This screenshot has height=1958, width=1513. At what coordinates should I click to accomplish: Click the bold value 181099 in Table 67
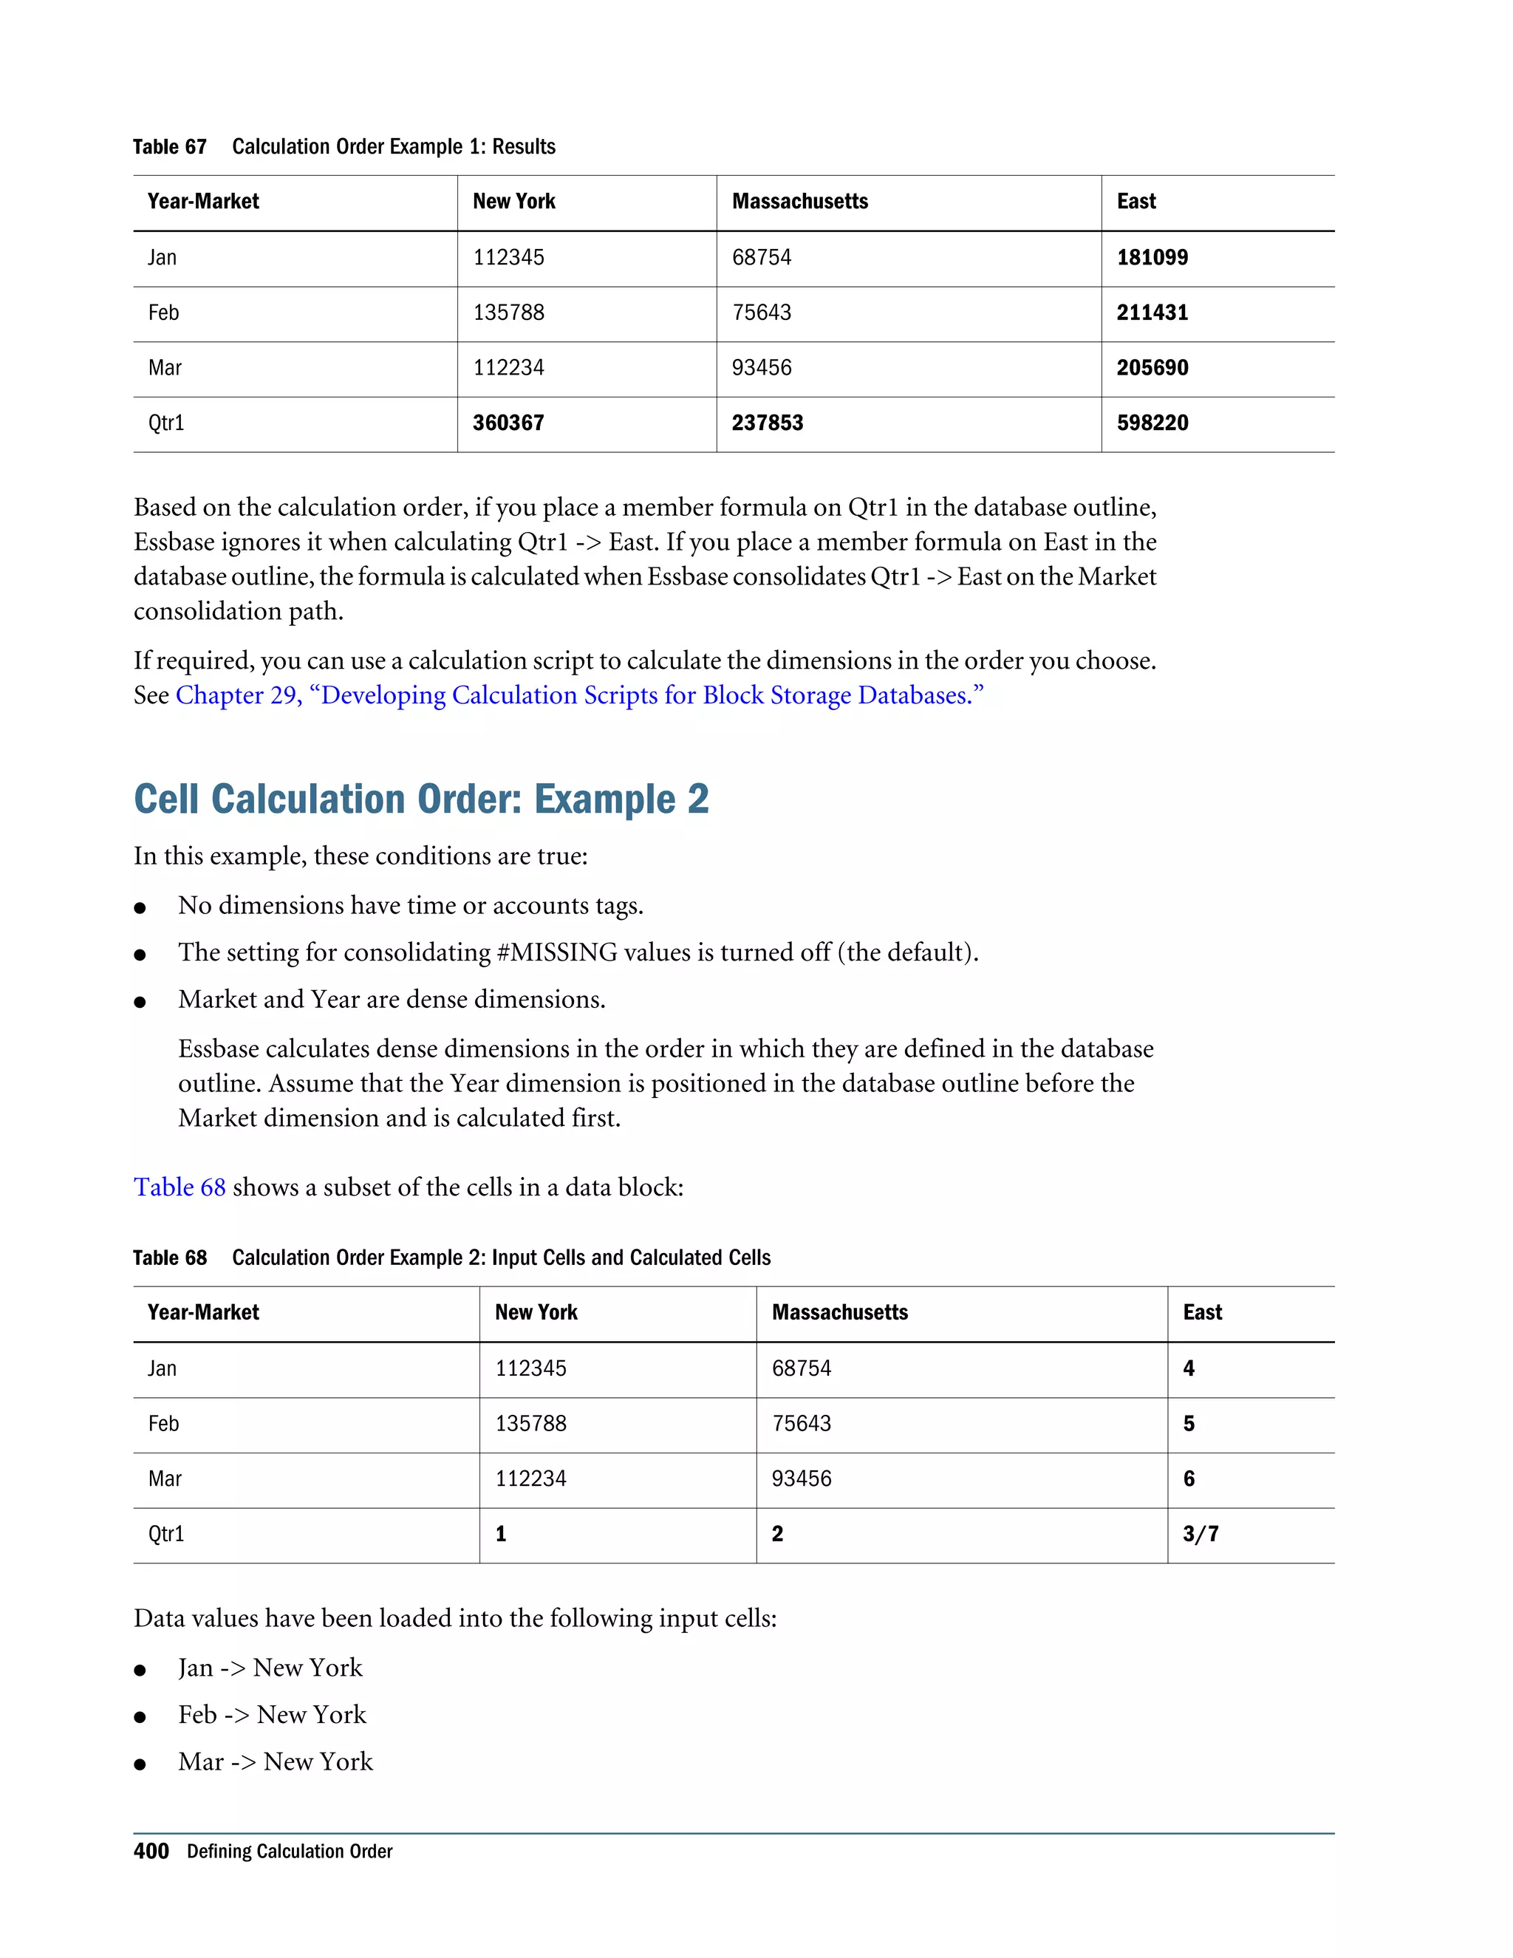[1152, 257]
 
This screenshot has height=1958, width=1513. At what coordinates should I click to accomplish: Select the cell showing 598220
[1152, 423]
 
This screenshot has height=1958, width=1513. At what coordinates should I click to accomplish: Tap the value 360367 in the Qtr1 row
[508, 423]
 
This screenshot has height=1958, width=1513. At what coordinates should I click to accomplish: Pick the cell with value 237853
[768, 423]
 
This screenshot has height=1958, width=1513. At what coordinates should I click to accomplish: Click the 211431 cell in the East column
[1152, 313]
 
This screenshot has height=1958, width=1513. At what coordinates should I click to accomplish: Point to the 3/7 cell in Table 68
[1201, 1534]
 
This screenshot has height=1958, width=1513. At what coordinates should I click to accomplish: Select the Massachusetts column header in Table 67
[799, 202]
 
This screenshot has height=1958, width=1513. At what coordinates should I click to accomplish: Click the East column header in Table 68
[1202, 1312]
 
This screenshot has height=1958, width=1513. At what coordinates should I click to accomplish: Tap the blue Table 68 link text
[180, 1188]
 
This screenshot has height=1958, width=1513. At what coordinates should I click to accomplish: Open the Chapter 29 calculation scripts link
[579, 696]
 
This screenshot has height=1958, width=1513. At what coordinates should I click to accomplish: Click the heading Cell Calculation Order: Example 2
[421, 799]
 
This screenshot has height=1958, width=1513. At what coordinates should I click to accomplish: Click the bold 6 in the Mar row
[1189, 1479]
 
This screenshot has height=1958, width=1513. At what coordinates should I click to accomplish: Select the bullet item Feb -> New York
[272, 1715]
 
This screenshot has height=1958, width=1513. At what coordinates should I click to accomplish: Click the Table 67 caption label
[169, 147]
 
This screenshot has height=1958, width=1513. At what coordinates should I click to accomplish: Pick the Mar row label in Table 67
[165, 369]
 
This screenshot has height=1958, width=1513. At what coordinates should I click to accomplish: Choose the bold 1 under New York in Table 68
[501, 1534]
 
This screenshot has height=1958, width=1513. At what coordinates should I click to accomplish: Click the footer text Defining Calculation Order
[290, 1852]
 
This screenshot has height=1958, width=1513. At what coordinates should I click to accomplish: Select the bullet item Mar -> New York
[275, 1762]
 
